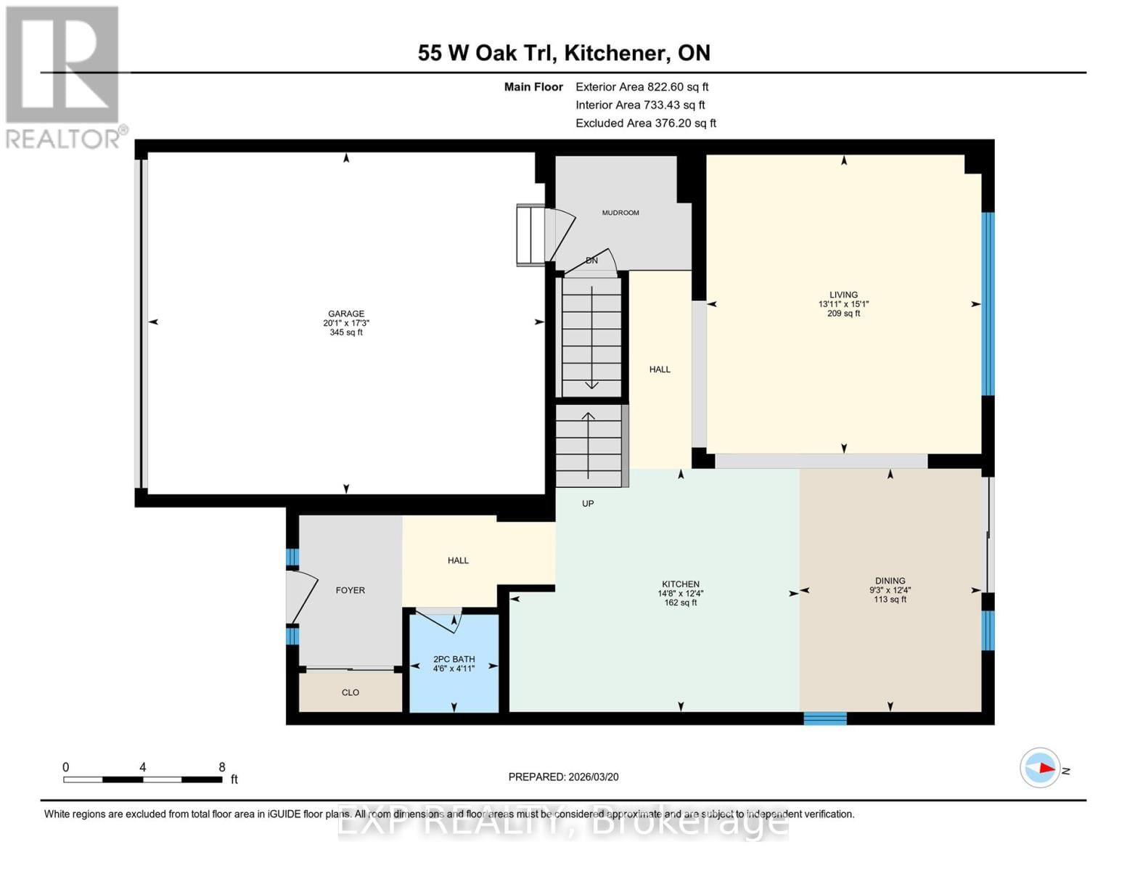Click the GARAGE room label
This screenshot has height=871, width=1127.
tap(346, 314)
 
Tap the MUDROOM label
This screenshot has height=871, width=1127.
tap(620, 213)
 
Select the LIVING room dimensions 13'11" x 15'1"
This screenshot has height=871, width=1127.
tap(843, 304)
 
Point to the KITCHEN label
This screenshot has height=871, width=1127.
tap(680, 584)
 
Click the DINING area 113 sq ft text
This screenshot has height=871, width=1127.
tap(890, 600)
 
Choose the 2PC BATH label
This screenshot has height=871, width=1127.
tap(454, 659)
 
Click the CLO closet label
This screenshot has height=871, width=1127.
tap(351, 692)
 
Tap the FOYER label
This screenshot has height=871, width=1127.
tap(350, 590)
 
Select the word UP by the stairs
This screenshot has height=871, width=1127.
tap(588, 503)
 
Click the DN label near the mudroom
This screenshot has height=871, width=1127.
tap(591, 261)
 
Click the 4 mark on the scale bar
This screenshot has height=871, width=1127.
tap(143, 767)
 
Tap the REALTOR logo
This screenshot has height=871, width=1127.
tap(64, 77)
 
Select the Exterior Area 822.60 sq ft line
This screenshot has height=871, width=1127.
tap(642, 86)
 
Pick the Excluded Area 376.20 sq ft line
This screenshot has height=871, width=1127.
tap(645, 123)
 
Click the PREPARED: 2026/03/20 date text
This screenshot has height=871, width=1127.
tap(563, 777)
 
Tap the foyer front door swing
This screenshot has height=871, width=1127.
tap(301, 597)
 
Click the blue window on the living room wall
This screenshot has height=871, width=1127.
tap(988, 303)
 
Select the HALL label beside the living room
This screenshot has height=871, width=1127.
tap(660, 369)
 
